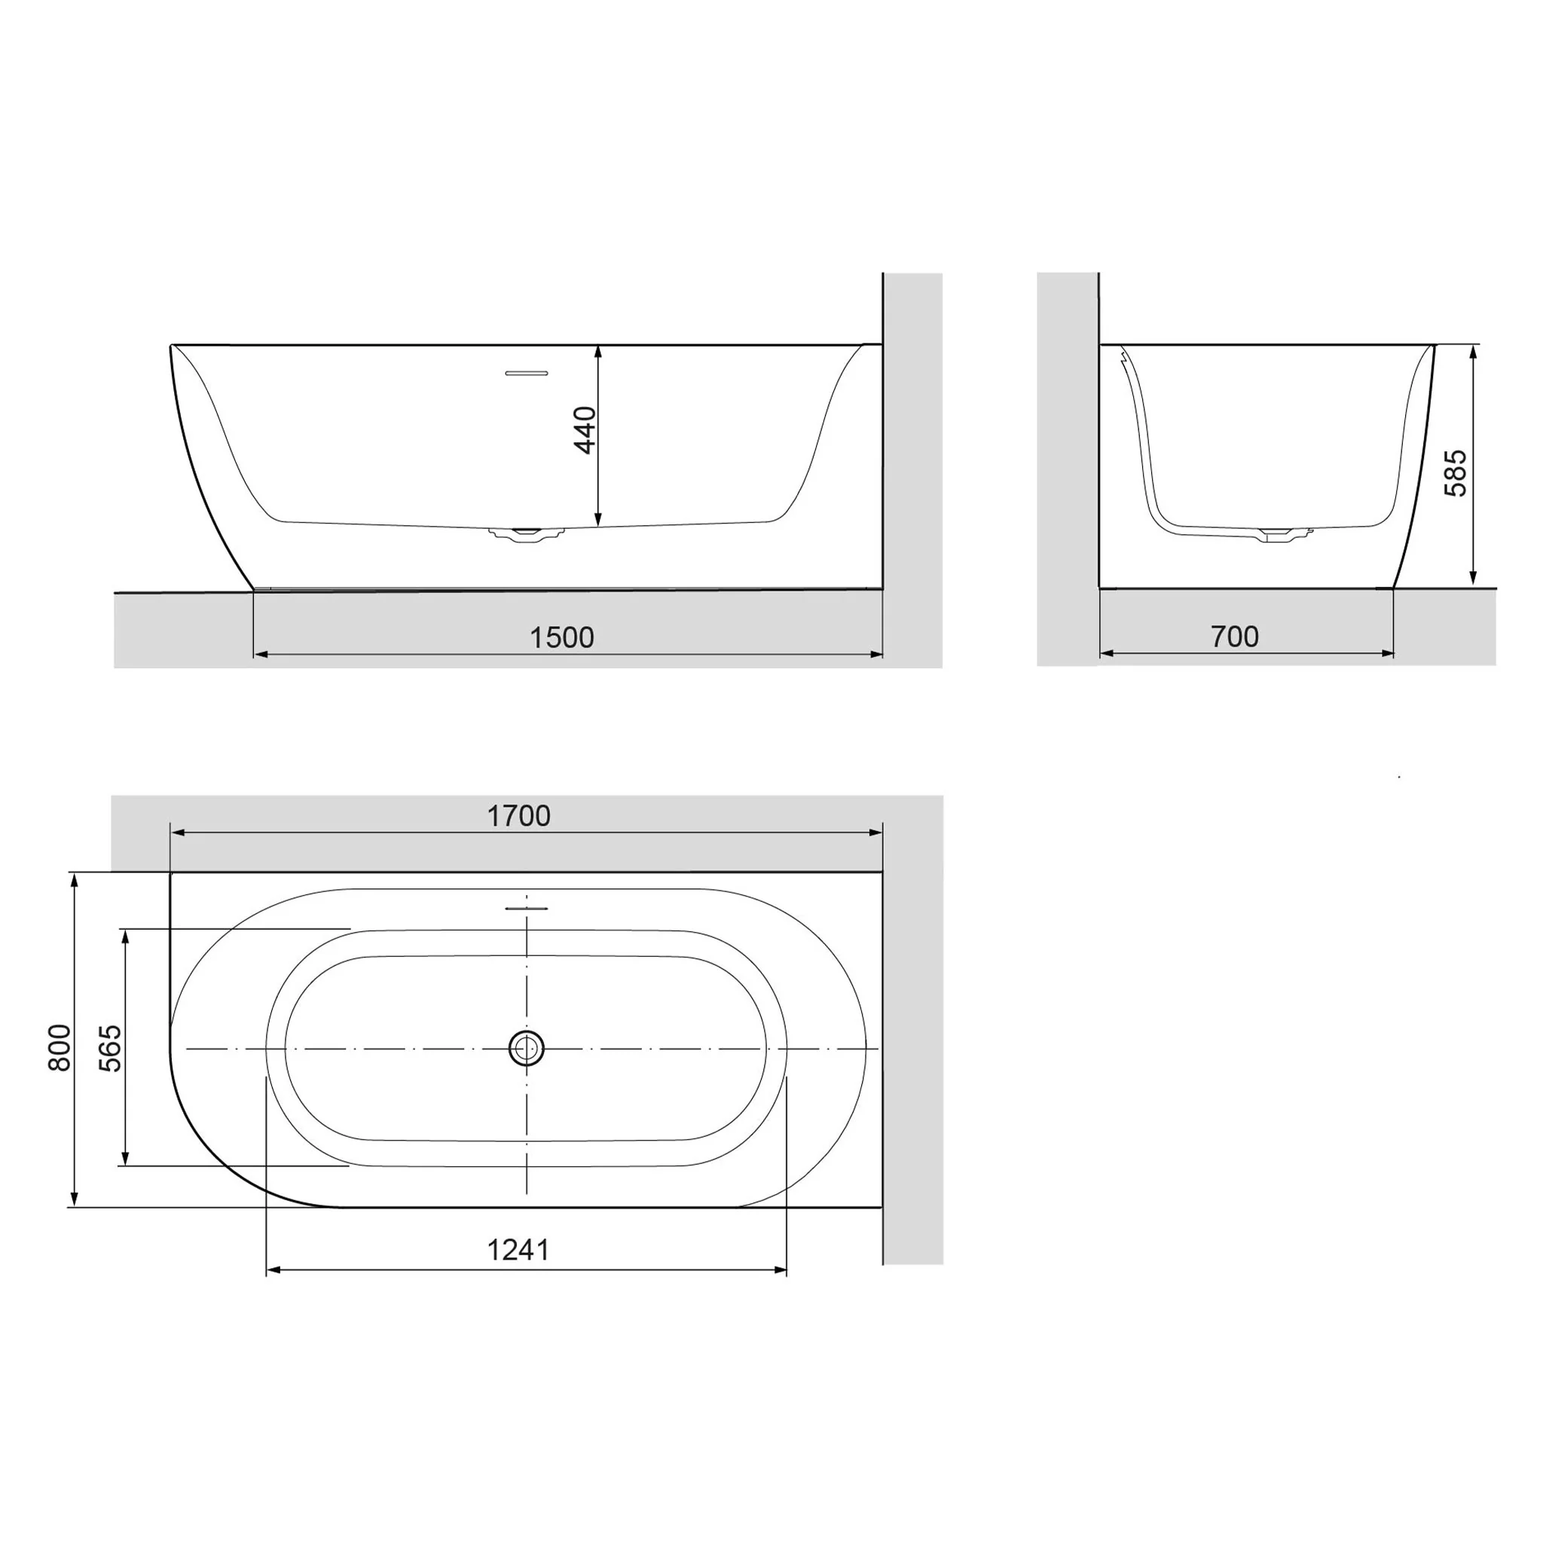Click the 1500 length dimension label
(561, 637)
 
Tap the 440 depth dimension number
(585, 429)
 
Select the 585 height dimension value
(1456, 473)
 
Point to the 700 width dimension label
(1235, 637)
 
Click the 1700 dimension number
(518, 815)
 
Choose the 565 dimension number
(109, 1048)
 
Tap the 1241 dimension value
(518, 1250)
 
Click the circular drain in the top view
(527, 1048)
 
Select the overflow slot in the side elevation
(527, 372)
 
